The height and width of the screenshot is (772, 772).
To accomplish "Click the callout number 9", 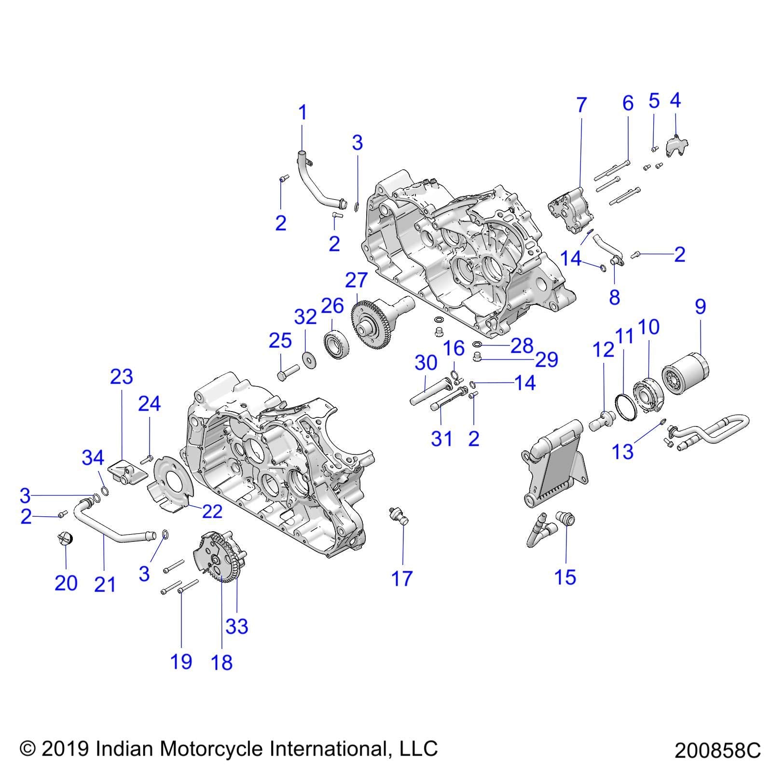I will (x=700, y=306).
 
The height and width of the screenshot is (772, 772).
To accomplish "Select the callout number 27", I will (x=357, y=280).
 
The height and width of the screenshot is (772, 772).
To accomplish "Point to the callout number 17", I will (x=402, y=578).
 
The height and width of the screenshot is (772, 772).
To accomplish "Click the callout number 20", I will (x=66, y=583).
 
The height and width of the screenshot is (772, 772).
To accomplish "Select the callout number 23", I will (x=121, y=377).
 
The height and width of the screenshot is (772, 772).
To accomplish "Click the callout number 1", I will (x=303, y=113).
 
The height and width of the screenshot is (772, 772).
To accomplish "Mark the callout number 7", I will (x=581, y=105).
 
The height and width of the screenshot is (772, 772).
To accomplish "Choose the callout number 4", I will (x=675, y=100).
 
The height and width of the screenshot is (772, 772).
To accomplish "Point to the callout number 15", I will (x=565, y=577).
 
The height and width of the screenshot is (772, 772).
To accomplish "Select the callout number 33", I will (x=236, y=626).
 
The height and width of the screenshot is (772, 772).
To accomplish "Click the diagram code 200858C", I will (x=717, y=751).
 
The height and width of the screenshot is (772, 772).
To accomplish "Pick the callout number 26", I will (x=332, y=306).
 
